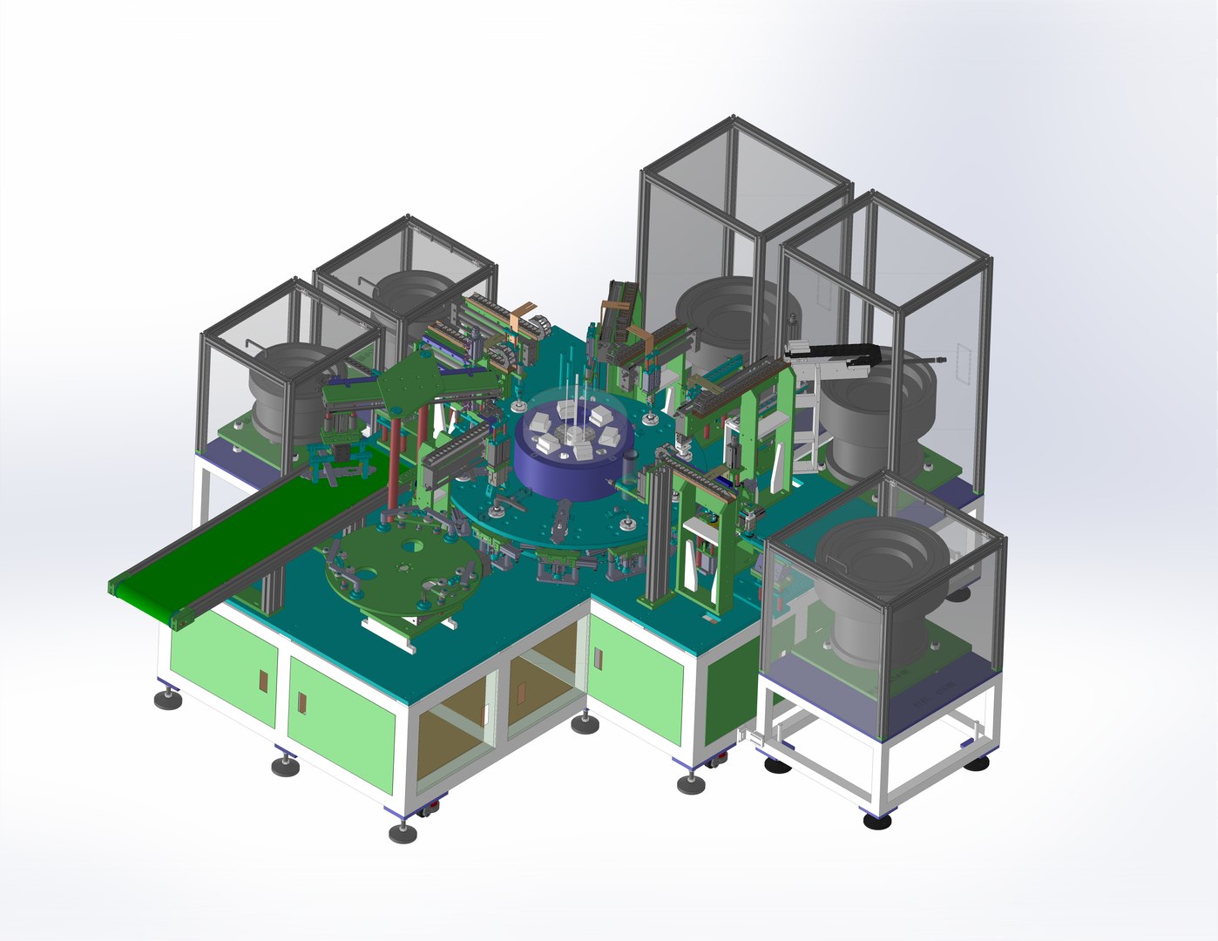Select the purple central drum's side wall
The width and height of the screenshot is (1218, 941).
(558, 475)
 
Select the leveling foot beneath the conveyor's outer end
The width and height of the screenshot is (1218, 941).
(168, 699)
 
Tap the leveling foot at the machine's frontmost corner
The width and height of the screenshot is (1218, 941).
(403, 833)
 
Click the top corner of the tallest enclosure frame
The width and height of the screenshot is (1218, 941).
(734, 118)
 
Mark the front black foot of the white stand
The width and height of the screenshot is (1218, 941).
(876, 820)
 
